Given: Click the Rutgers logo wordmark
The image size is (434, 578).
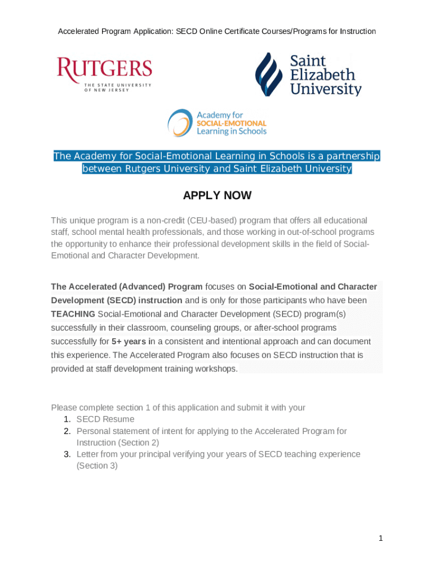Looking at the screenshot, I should (104, 69).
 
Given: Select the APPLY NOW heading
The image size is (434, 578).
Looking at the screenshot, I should (217, 196).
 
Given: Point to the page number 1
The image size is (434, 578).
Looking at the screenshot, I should (381, 538).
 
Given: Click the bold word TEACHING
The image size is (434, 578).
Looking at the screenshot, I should (73, 314).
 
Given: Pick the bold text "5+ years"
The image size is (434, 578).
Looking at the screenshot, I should (129, 341).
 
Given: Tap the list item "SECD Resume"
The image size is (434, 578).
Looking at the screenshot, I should (105, 419).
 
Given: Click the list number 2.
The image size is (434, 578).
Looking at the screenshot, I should (66, 431).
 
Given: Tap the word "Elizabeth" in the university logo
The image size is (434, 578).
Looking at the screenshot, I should (322, 75).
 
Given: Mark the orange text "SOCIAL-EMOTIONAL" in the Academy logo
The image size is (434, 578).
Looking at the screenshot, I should (231, 123).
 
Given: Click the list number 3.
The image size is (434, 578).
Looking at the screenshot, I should (66, 454).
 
